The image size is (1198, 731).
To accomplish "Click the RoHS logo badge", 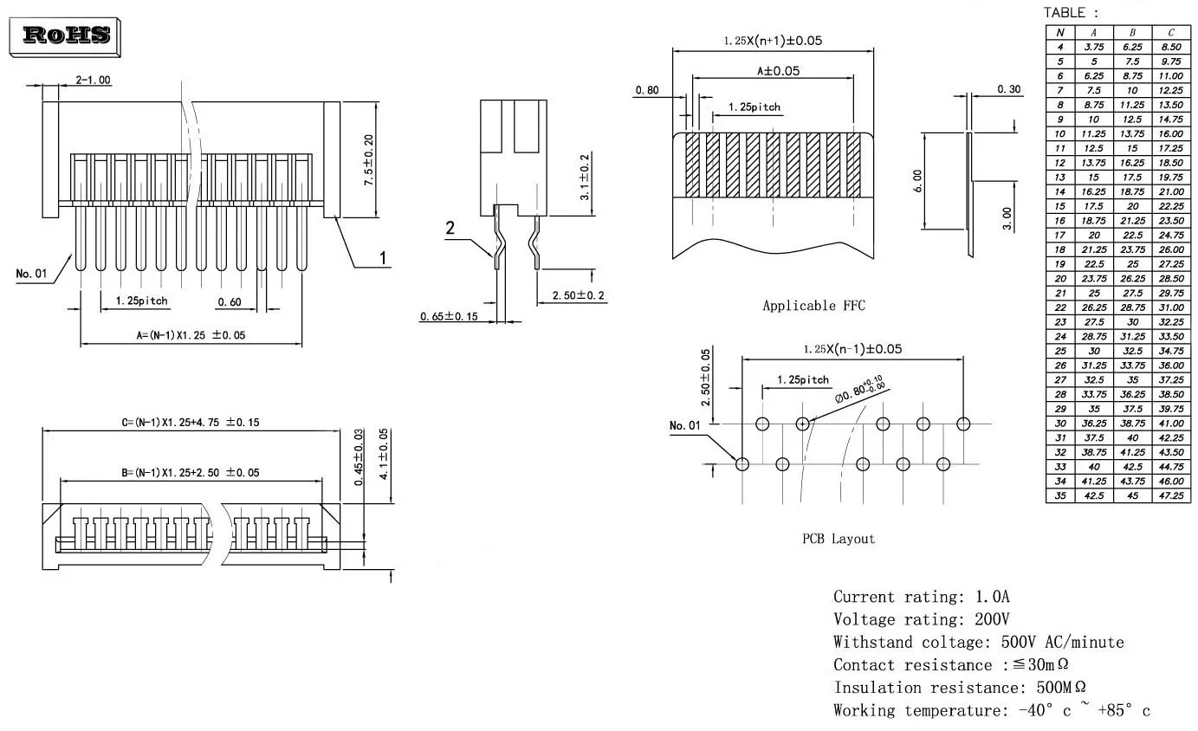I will (x=66, y=35).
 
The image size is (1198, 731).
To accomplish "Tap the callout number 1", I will (x=383, y=257).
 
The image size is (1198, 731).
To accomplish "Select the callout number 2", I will (x=450, y=229).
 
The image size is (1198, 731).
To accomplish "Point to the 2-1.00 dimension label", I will (x=93, y=80).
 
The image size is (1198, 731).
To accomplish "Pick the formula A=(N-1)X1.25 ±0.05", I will (x=191, y=335).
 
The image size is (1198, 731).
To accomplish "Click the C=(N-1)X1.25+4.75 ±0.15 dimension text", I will (x=191, y=422).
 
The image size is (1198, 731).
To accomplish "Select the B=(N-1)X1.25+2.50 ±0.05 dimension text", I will (x=190, y=472).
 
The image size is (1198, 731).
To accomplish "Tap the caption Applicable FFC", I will (x=813, y=306).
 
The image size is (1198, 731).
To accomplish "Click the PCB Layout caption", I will (x=838, y=539).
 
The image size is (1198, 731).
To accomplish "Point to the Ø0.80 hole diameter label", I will (x=858, y=390).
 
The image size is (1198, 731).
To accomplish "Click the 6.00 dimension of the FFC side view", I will (x=918, y=181).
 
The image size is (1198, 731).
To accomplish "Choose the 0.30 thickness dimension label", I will (x=1008, y=89).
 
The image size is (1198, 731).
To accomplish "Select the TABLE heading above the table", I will (x=1071, y=13).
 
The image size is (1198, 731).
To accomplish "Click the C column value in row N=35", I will (x=1170, y=496).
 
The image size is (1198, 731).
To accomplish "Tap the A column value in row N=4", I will (x=1094, y=47).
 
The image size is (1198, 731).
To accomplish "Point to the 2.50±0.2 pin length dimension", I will (x=579, y=296).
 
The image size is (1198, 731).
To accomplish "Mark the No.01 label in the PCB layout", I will (x=684, y=425).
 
